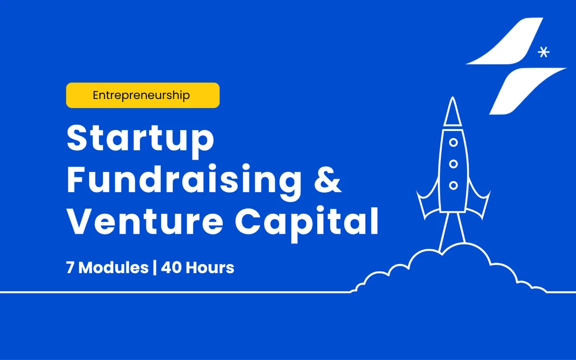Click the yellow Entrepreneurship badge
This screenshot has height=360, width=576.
click(x=143, y=95)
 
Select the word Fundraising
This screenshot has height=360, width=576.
click(x=184, y=182)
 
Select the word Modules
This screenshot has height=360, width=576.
click(x=113, y=267)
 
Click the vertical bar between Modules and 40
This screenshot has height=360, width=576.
click(x=155, y=268)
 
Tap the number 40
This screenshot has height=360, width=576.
click(x=171, y=267)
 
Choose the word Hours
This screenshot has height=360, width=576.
click(x=210, y=267)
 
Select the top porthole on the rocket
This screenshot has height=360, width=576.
click(x=453, y=143)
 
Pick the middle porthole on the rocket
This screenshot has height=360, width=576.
click(x=453, y=164)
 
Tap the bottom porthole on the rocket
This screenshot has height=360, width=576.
click(x=453, y=185)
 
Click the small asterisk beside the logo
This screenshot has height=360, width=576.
click(x=543, y=52)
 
